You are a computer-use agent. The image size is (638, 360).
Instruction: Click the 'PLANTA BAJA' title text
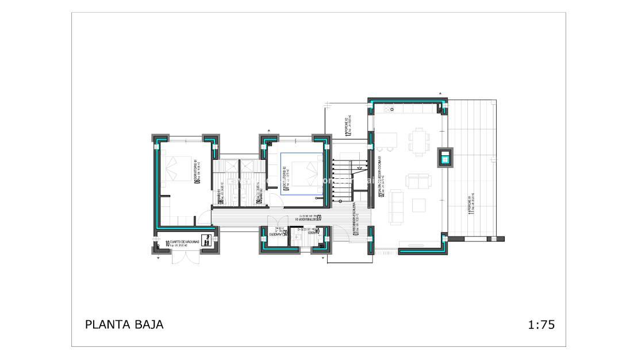pyautogui.click(x=124, y=324)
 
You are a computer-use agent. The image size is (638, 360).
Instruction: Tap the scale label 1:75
pyautogui.click(x=540, y=324)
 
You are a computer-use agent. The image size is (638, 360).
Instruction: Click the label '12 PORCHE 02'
pyautogui.click(x=347, y=127)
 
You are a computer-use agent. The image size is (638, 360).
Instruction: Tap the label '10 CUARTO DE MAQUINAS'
pyautogui.click(x=182, y=244)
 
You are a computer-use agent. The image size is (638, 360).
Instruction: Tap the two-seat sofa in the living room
pyautogui.click(x=416, y=182)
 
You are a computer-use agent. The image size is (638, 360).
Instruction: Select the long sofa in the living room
pyautogui.click(x=397, y=206)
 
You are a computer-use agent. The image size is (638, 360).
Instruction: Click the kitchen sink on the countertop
pyautogui.click(x=395, y=108)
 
